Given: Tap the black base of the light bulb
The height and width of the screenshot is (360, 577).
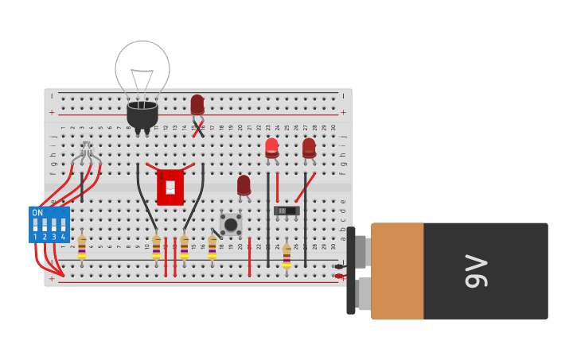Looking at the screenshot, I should pos(142,115).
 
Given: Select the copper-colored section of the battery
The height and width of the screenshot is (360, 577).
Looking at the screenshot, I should pos(397,271).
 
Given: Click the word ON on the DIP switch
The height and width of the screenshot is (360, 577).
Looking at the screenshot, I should pos(37,213).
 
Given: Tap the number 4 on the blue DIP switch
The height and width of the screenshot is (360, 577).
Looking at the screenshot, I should pos(63,237).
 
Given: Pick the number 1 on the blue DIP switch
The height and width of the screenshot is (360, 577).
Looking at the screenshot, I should pos(35,237).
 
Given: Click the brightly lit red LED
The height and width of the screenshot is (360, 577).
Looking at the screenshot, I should pos(271,146).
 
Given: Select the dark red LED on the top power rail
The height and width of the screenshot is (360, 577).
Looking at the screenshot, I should pos(197,104).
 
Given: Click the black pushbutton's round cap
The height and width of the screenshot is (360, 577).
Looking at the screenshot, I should pos(231,224).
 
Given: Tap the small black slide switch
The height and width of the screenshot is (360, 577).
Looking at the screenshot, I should pos(286,211).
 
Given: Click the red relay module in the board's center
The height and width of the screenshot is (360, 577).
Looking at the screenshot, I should pos(170,187).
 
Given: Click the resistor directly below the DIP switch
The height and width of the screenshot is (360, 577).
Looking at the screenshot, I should pos(82,246).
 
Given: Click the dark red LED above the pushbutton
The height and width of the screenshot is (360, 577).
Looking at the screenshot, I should pos(244,184).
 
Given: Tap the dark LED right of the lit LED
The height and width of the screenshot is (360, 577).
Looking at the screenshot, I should pos(309,147).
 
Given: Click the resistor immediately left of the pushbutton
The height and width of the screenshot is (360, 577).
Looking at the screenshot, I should pos(212,246).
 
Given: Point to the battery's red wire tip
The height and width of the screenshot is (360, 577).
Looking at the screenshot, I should pos(340,276).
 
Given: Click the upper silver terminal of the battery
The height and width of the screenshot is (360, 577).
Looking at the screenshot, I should pos(361,251).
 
